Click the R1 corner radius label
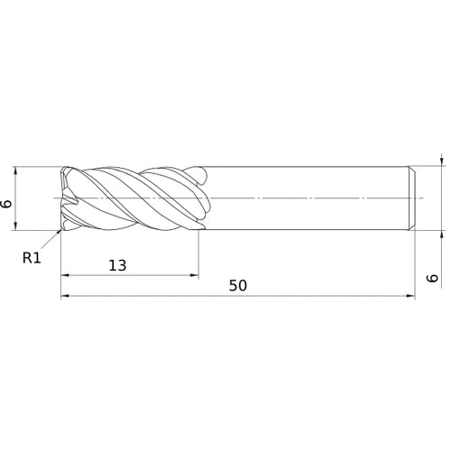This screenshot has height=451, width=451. point(32,257)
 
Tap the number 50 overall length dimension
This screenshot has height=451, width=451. point(238,285)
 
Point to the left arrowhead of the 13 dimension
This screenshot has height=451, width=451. point(64,275)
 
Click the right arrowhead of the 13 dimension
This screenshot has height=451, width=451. point(194,275)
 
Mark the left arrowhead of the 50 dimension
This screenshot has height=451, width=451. point(64,296)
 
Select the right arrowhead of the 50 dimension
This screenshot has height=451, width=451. point(411,296)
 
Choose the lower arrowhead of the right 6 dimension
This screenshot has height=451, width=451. point(442,233)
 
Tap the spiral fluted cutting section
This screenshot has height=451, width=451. point(135,198)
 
